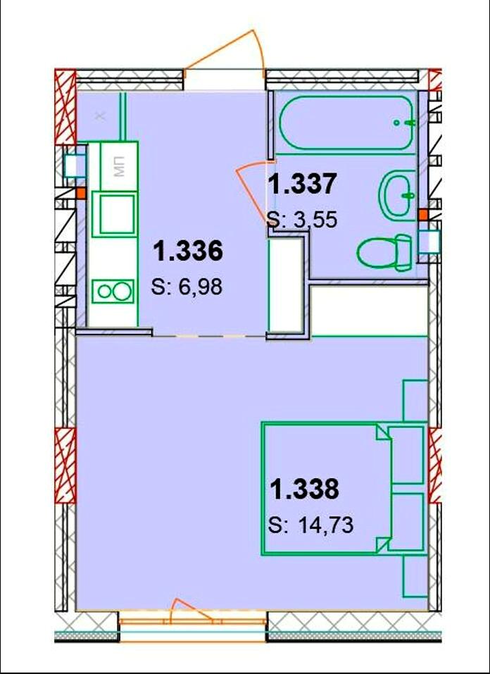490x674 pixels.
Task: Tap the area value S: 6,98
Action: pos(187,287)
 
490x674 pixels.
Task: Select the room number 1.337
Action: pos(301,184)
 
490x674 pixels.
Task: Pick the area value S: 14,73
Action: pos(310,525)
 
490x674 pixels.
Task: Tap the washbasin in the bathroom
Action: pos(399,195)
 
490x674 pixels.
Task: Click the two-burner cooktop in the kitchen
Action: pos(114,292)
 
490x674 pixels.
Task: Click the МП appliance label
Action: pos(120,167)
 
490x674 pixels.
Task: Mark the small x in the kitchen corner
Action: pos(100,116)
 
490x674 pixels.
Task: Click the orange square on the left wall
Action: pos(80,193)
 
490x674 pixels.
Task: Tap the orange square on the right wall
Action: pos(423,213)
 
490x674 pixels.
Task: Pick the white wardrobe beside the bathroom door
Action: pos(286,285)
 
